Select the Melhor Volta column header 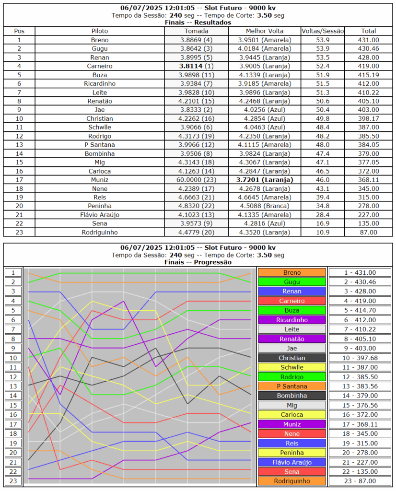click(265, 31)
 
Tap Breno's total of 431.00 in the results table click(369, 40)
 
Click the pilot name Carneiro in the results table click(100, 66)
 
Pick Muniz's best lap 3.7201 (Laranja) click(265, 179)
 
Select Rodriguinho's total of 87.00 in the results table click(369, 232)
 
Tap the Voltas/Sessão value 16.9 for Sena click(323, 223)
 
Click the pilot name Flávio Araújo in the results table click(100, 214)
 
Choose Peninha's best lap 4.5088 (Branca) click(265, 206)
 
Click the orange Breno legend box click(291, 272)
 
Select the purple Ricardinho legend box click(291, 320)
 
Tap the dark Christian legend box click(291, 358)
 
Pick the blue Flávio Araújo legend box click(291, 462)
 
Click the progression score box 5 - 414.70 click(361, 310)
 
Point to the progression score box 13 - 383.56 click(361, 386)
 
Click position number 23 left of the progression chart click(13, 481)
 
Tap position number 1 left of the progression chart click(13, 272)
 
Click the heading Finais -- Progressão click(198, 262)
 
